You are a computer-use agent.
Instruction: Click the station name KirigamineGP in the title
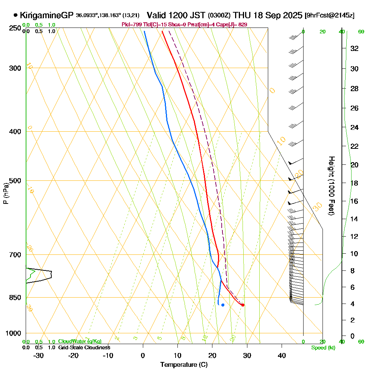point(46,15)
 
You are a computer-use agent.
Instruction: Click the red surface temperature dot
point(243,305)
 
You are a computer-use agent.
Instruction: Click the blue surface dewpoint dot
point(223,305)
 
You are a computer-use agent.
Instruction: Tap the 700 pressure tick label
point(15,255)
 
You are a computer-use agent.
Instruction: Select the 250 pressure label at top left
point(15,28)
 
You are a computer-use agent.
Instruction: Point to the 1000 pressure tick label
point(14,333)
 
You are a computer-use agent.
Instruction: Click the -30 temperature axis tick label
point(39,356)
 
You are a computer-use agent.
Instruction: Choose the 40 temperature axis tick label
point(282,356)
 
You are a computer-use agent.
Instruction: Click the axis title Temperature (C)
point(184,365)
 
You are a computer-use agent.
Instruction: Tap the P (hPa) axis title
point(6,193)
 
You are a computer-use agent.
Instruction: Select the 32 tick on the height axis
point(354,48)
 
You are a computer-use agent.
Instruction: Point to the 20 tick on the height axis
point(354,164)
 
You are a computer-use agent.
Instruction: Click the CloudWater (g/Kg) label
point(80,341)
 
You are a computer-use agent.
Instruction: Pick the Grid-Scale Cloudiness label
point(84,347)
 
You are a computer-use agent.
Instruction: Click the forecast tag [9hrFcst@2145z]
point(329,16)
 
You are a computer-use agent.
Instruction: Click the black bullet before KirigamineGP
point(15,15)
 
